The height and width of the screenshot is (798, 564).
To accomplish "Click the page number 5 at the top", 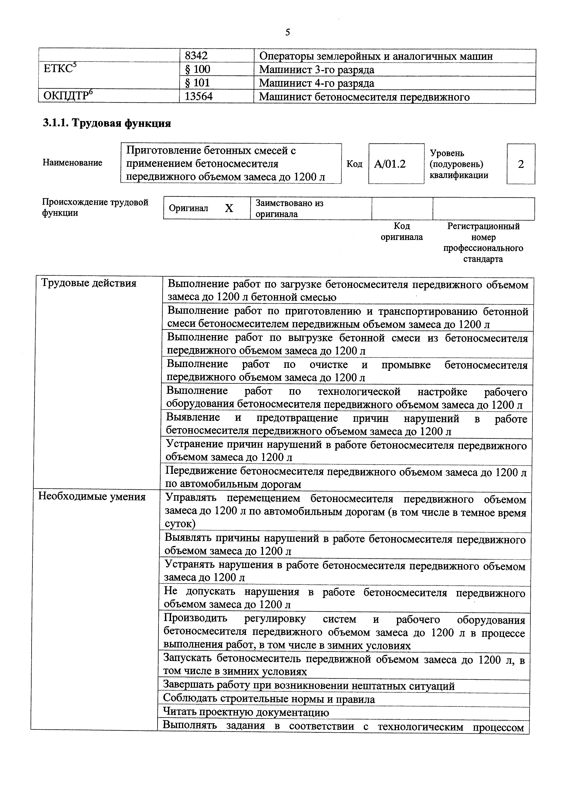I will (287, 32).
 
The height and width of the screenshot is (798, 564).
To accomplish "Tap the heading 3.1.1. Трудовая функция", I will (107, 123).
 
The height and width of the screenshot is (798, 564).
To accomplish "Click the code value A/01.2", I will (389, 164).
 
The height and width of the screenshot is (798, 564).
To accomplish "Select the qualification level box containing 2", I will (521, 164).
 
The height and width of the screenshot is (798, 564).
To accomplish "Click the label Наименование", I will (72, 163).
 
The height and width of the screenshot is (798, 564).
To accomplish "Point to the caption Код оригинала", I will (402, 232).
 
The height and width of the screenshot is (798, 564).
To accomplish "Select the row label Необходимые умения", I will (92, 496).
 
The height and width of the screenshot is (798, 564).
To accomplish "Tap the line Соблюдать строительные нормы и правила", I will (269, 699).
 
